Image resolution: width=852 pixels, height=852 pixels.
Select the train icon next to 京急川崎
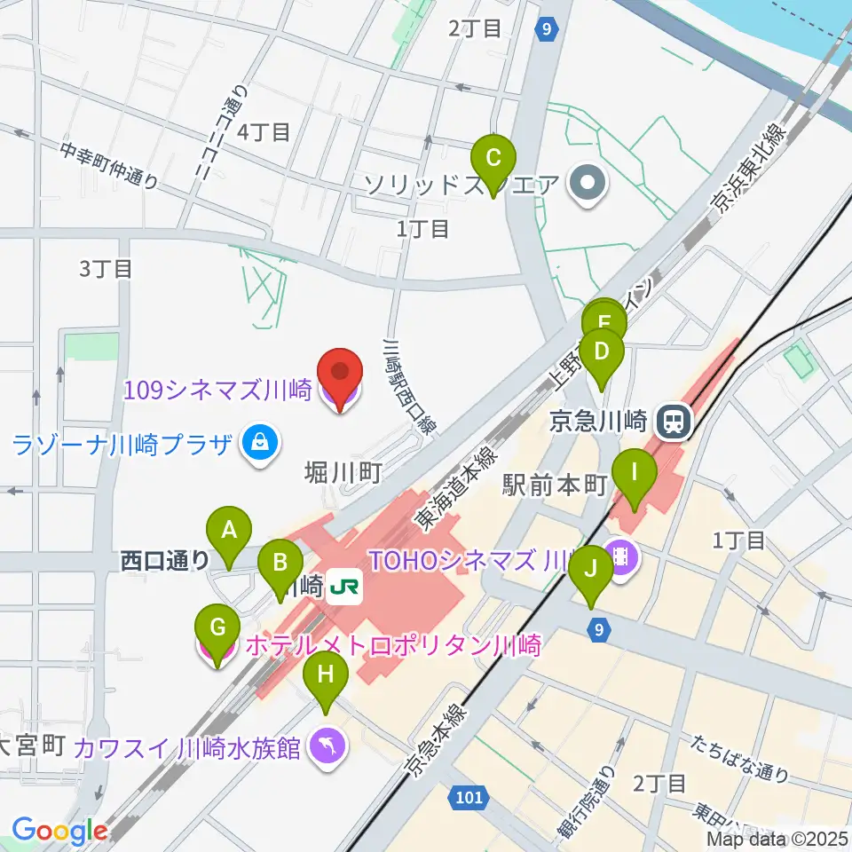tap(674, 420)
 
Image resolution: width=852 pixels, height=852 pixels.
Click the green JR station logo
tap(343, 587)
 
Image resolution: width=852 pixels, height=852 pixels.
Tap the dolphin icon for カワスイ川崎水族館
tap(326, 747)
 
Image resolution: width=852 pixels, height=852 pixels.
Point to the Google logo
tap(59, 831)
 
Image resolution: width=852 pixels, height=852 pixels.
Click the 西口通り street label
tap(165, 560)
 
